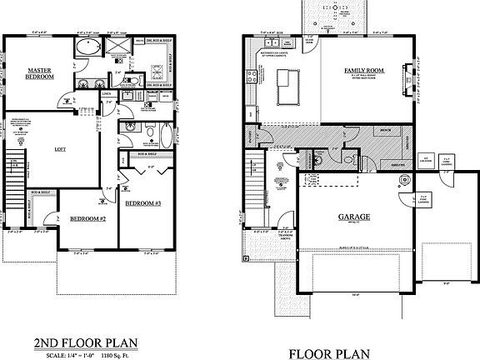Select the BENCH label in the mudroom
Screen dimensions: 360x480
387,132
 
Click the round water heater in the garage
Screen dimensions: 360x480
407,177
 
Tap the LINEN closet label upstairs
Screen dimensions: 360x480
106,93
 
